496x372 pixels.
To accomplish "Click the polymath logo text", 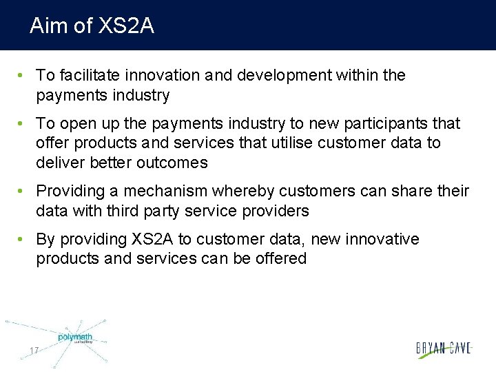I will (74, 337).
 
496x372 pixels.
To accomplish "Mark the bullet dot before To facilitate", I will (22, 75).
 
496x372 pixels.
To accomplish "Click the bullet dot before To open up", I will (22, 124).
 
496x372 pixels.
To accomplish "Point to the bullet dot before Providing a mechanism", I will (22, 191).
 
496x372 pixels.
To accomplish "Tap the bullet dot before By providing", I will (22, 240).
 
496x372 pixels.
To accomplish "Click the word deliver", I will (59, 163).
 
